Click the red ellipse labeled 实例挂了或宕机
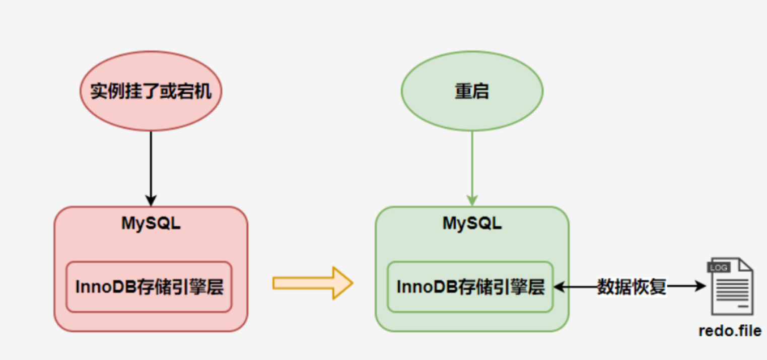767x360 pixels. tap(151, 91)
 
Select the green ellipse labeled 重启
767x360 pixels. tap(472, 91)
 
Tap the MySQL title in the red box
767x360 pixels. tap(151, 224)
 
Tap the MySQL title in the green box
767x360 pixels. tap(472, 224)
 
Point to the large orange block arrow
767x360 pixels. tap(313, 283)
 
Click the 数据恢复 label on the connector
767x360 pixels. tap(632, 287)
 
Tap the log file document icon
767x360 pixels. tap(730, 286)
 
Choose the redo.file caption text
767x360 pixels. tap(730, 331)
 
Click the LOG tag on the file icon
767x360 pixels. tap(719, 267)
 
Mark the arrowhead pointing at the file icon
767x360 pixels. tap(701, 286)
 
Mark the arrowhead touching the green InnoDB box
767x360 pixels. tap(560, 287)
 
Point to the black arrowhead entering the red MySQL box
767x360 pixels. tap(151, 200)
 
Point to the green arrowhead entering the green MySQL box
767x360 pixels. tap(472, 200)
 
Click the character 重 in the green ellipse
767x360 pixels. tap(463, 91)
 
